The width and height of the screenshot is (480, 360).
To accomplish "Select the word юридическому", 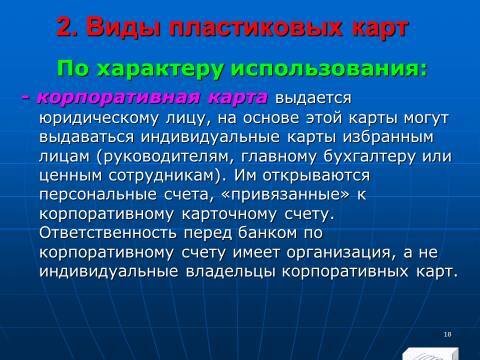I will click(97, 120).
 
